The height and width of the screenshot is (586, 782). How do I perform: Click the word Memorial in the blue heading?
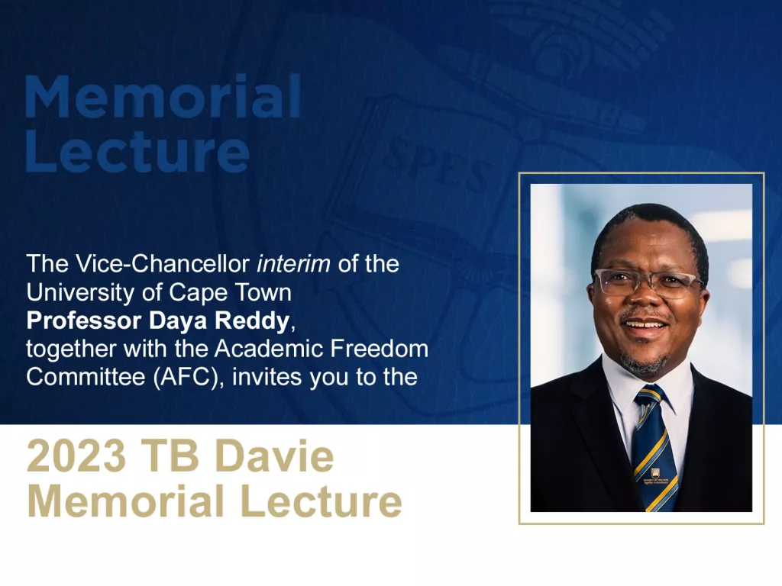click(163, 97)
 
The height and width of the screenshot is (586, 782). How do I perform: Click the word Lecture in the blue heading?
click(137, 153)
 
